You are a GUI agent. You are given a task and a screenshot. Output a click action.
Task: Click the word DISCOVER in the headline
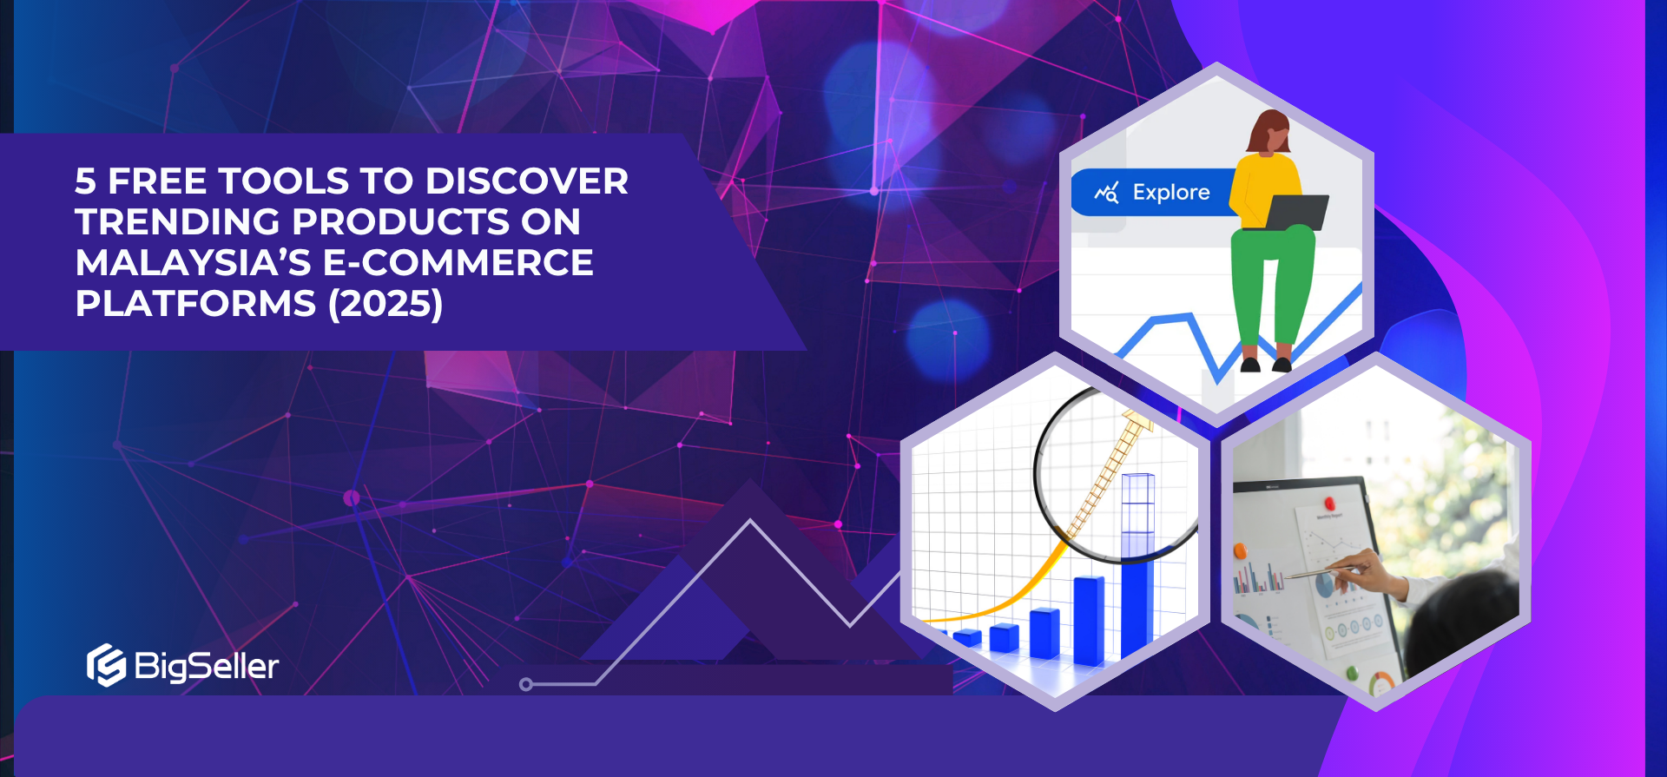tap(527, 181)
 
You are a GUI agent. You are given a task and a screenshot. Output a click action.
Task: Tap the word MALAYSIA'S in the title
tap(193, 263)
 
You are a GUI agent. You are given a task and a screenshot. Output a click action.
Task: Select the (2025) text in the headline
tap(385, 304)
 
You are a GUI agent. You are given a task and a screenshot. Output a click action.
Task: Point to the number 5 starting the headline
tap(85, 181)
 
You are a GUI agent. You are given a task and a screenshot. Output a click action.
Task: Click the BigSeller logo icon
tap(106, 665)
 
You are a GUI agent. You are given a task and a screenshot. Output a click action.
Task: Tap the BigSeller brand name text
tap(207, 667)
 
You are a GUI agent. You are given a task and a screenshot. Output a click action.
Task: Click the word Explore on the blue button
tap(1171, 192)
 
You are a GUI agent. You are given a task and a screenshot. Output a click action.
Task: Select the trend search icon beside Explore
tap(1106, 192)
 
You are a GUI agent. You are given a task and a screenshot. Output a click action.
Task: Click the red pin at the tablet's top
tap(1328, 503)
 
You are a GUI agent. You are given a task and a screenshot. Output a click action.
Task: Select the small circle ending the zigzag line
tap(525, 684)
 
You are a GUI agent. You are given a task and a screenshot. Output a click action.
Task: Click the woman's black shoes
tap(1266, 364)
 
